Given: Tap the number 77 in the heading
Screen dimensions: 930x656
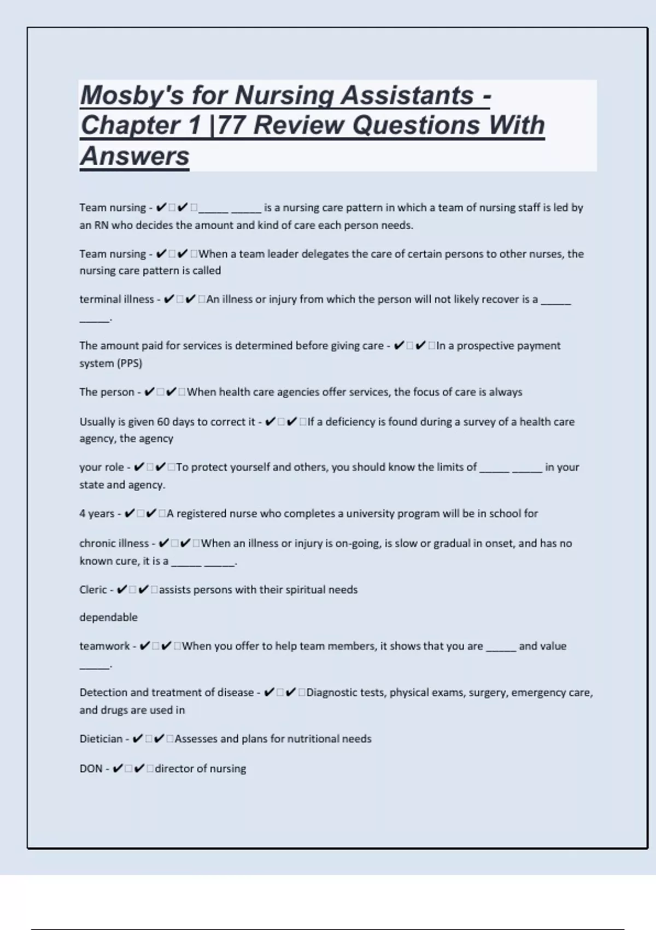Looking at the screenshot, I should pyautogui.click(x=231, y=125).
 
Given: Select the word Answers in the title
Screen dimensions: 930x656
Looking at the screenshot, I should pyautogui.click(x=134, y=156).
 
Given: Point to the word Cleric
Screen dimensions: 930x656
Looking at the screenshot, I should pyautogui.click(x=93, y=590).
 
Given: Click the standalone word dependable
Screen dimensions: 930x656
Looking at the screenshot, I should pyautogui.click(x=108, y=617).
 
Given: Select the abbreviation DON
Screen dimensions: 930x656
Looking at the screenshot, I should pyautogui.click(x=91, y=769).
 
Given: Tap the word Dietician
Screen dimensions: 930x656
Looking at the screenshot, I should pyautogui.click(x=101, y=739).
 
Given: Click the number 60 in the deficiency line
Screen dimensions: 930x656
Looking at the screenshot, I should pyautogui.click(x=163, y=422).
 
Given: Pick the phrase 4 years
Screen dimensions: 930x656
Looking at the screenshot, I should pyautogui.click(x=97, y=514).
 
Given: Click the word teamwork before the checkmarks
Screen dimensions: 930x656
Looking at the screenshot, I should pyautogui.click(x=104, y=646).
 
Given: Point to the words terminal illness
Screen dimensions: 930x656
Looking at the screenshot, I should pyautogui.click(x=116, y=299).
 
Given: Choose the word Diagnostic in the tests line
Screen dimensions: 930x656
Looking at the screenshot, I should pyautogui.click(x=333, y=693).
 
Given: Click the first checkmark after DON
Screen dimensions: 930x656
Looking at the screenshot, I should pyautogui.click(x=118, y=769).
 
